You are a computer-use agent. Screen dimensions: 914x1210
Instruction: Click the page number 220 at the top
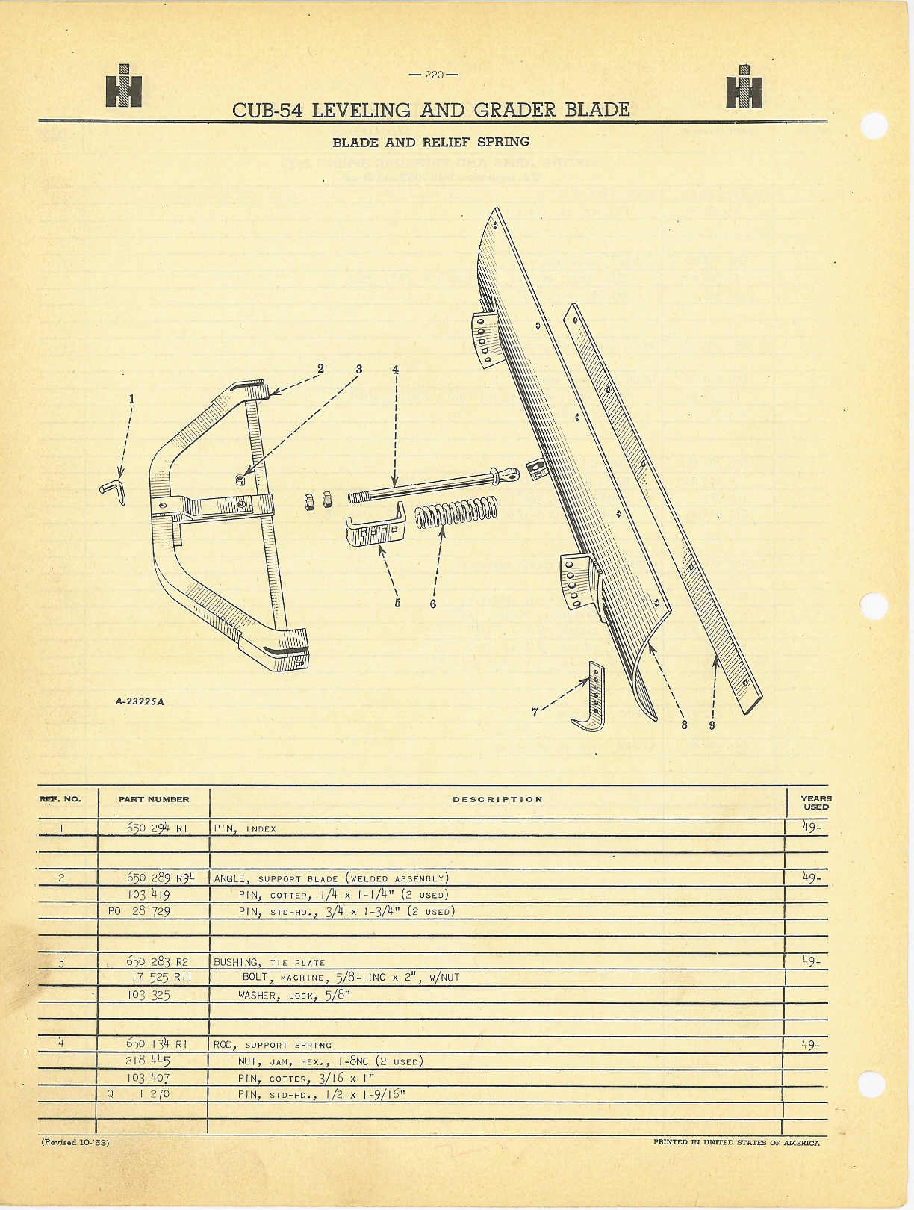coord(434,75)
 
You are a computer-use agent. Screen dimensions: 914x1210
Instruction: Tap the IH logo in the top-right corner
coord(744,87)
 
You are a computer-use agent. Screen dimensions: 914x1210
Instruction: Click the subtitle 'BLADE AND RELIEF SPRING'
coord(431,142)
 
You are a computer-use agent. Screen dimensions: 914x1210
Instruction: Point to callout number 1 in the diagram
coord(131,399)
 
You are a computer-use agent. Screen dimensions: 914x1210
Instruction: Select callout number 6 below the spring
coord(433,604)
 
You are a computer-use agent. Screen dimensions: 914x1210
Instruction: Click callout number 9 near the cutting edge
coord(712,725)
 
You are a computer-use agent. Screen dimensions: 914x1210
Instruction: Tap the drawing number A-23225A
coord(140,702)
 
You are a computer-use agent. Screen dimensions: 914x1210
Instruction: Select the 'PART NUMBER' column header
coord(154,799)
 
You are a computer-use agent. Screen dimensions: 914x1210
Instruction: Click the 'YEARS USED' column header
coord(816,803)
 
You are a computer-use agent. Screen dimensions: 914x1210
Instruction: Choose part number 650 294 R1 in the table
coord(157,828)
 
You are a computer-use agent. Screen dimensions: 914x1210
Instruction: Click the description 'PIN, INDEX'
coord(245,828)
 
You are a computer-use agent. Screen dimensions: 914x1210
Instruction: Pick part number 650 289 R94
coord(161,878)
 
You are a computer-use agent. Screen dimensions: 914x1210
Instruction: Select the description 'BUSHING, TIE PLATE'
coord(270,963)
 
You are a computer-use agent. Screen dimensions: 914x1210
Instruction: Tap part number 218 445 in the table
coord(148,1061)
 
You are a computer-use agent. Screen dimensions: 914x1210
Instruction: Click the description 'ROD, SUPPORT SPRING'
coord(273,1045)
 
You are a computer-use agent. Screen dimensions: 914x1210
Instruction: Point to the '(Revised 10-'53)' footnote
coord(75,1142)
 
